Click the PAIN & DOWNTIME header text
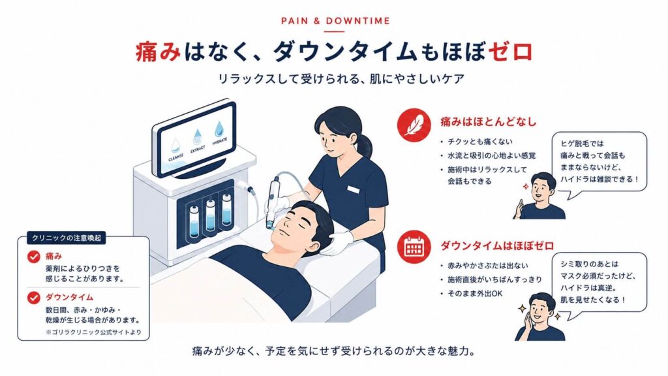coord(335,21)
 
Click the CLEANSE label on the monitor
coord(176,157)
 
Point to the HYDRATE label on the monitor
coord(220,142)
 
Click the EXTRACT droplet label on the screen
coord(198,149)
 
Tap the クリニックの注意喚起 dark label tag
coord(67,238)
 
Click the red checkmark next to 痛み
coord(34,257)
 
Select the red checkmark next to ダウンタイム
coord(34,298)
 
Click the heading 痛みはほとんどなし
coord(488,122)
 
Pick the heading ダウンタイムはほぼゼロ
coord(496,245)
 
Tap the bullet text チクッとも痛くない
coord(480,142)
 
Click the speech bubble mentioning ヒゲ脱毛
coord(599,163)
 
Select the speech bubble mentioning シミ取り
coord(599,283)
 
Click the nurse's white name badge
coord(354,189)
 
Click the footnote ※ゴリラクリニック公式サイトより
coord(93,332)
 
